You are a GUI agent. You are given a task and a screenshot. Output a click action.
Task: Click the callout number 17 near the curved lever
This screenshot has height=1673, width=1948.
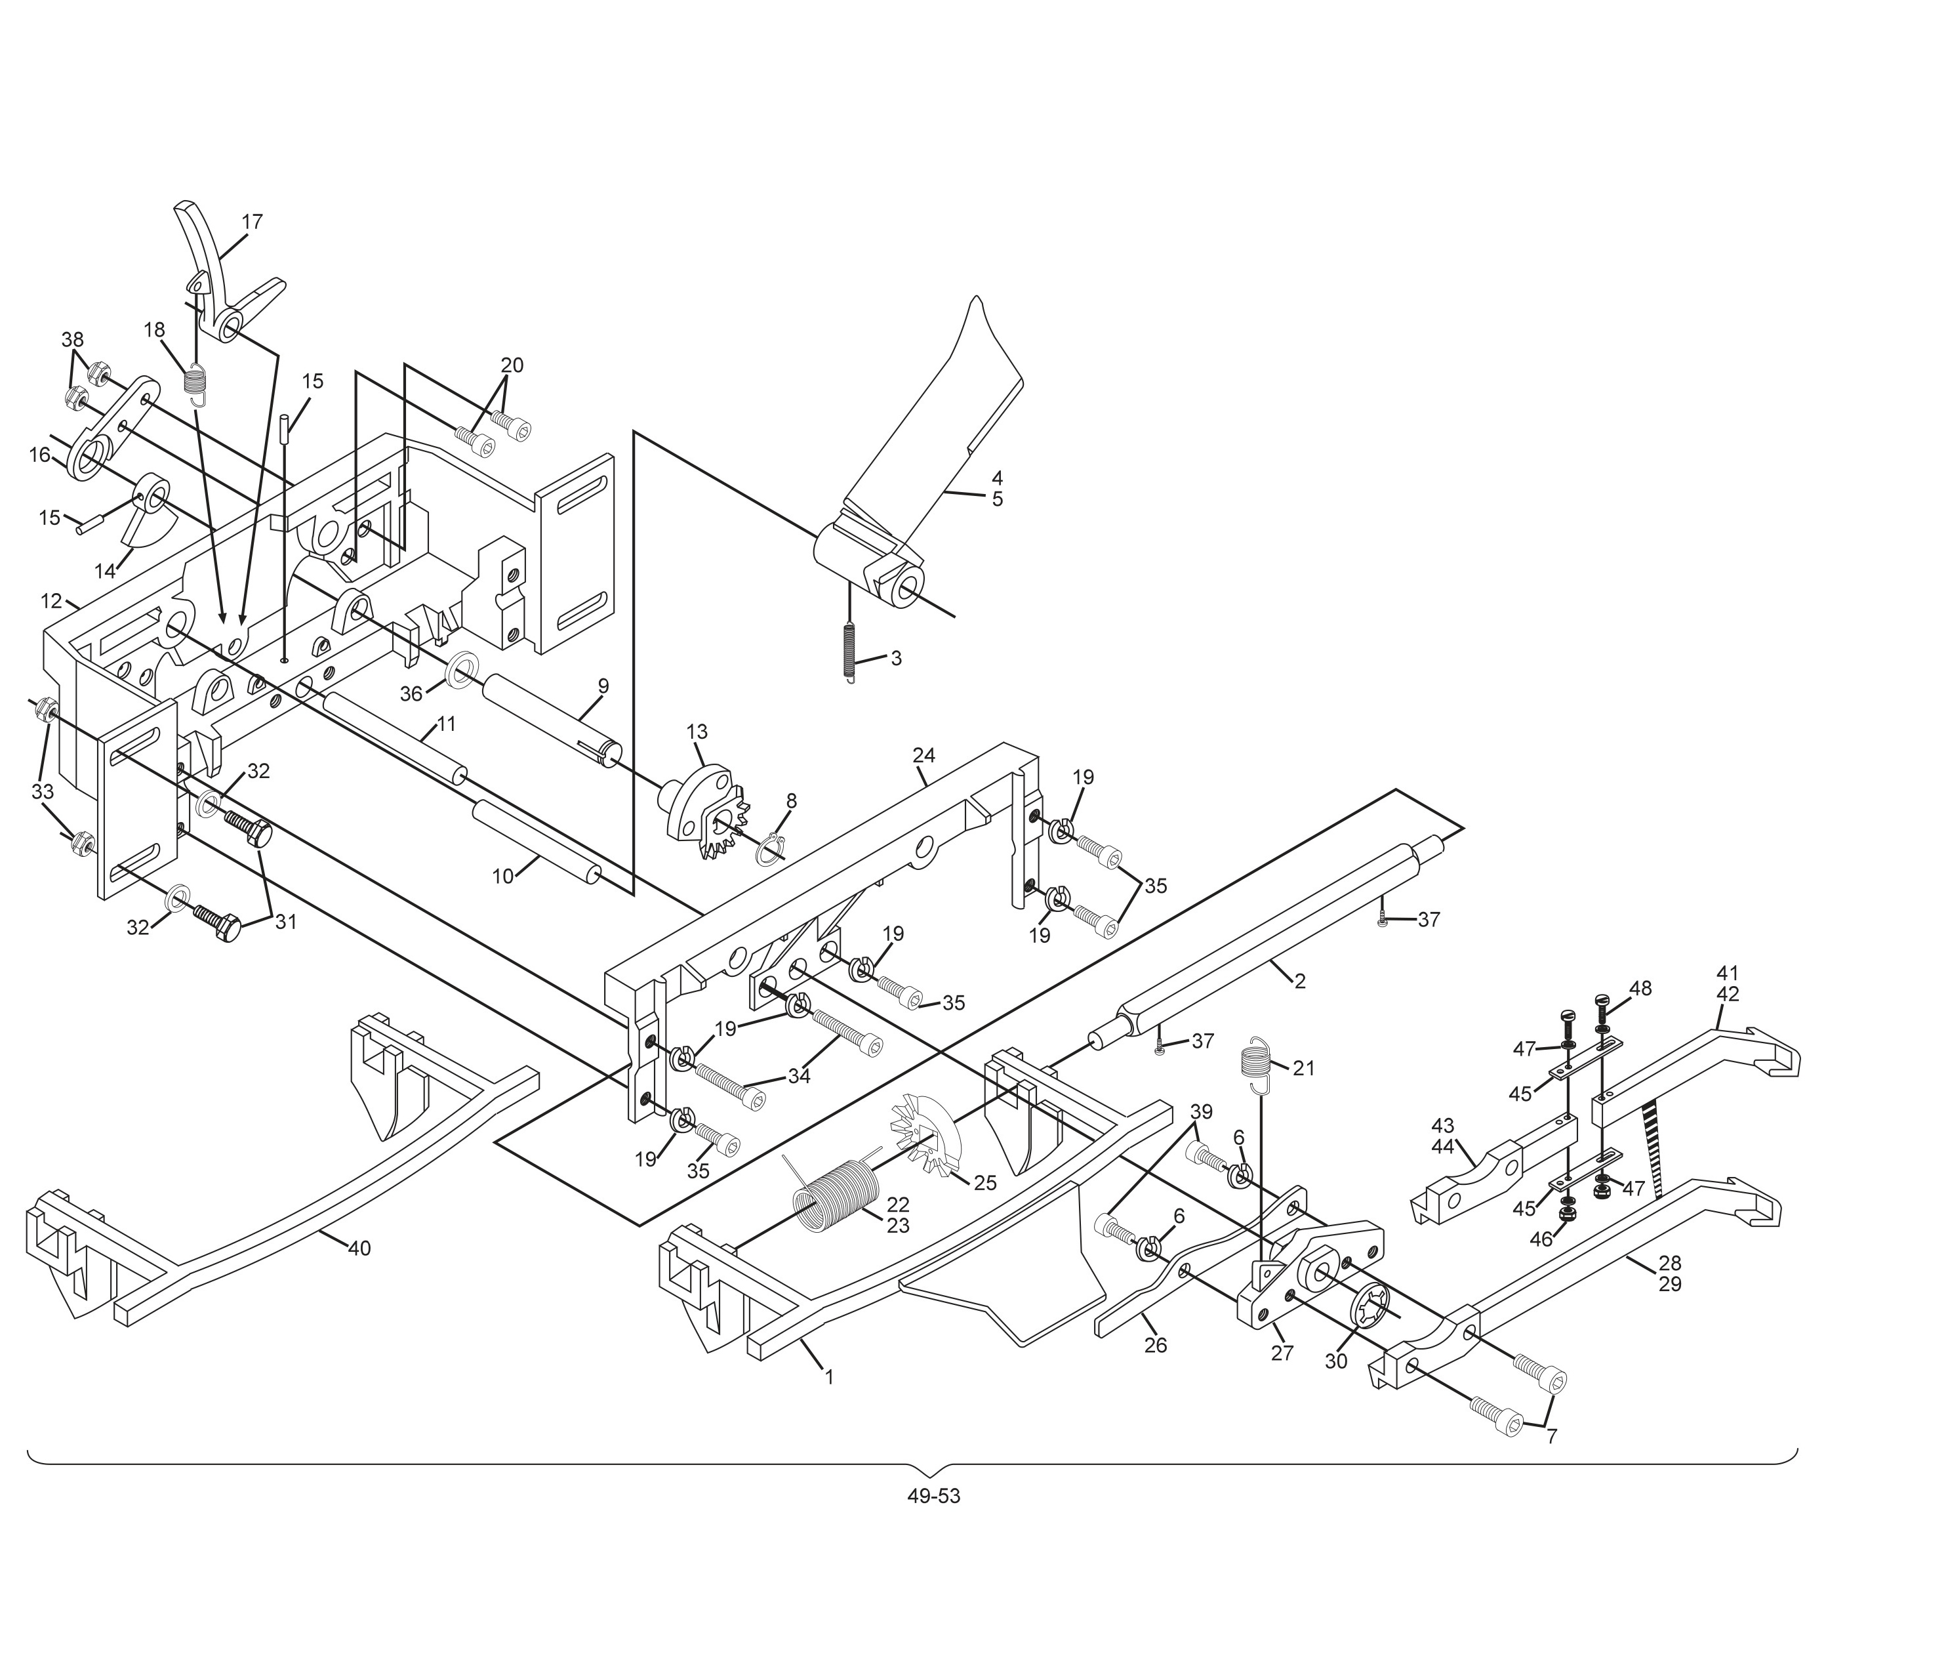[252, 222]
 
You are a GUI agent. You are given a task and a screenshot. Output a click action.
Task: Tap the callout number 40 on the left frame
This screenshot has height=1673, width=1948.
[359, 1249]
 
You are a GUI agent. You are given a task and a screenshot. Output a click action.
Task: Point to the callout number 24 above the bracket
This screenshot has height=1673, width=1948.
[923, 755]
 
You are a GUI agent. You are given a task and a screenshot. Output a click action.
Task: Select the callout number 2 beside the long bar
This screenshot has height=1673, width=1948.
[1299, 981]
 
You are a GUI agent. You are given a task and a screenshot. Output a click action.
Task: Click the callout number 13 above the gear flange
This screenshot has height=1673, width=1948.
[697, 732]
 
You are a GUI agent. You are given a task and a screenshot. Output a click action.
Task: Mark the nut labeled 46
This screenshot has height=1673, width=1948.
[1567, 1214]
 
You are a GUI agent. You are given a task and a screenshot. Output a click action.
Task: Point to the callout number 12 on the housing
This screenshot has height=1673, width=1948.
[52, 601]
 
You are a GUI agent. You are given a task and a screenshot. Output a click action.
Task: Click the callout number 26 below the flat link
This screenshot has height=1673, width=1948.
[1156, 1346]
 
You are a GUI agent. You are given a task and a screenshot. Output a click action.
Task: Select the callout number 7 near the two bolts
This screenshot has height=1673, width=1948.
[1551, 1437]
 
